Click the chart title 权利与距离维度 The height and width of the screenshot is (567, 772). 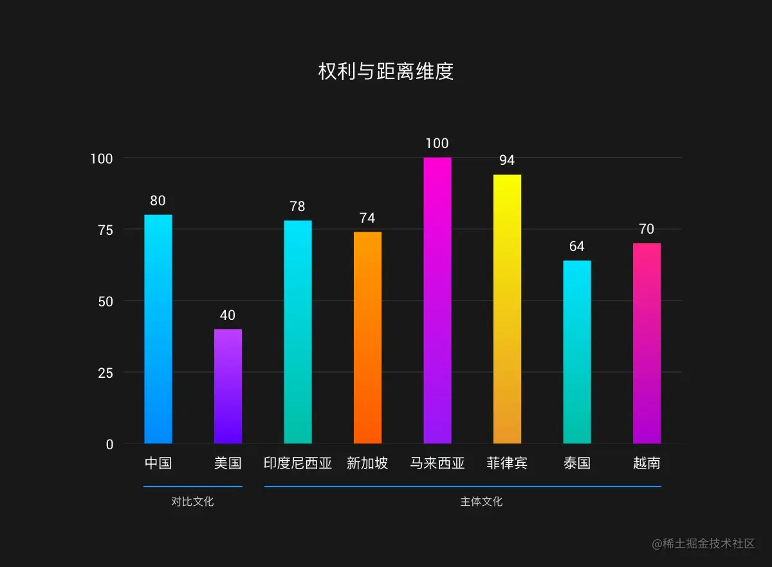[x=386, y=71]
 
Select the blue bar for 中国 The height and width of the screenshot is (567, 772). [x=158, y=329]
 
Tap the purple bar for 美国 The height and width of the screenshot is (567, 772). [x=228, y=386]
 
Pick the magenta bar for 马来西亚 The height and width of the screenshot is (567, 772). [x=437, y=301]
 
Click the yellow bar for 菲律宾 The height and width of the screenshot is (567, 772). [x=507, y=309]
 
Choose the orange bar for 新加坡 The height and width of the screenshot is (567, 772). [x=367, y=338]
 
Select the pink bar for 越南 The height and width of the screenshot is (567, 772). [x=647, y=343]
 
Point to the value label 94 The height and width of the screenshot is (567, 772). [x=507, y=160]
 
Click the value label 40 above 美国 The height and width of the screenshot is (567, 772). [x=228, y=315]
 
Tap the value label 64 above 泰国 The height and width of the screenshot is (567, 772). [x=576, y=246]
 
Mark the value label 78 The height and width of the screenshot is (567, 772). [x=297, y=207]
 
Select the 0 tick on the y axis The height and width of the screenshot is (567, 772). [x=109, y=444]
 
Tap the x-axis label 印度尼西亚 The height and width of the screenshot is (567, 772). [x=297, y=463]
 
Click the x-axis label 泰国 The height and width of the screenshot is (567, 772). [x=576, y=463]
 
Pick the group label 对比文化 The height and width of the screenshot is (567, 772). [x=192, y=502]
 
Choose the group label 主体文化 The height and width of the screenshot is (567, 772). [x=481, y=502]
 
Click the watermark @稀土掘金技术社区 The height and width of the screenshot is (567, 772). [x=703, y=544]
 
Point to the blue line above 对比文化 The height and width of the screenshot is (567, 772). [x=192, y=487]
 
